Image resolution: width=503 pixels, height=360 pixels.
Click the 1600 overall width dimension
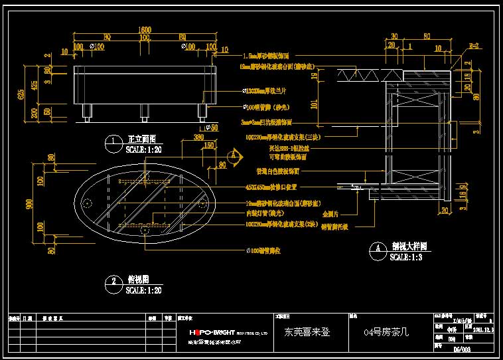click(x=145, y=30)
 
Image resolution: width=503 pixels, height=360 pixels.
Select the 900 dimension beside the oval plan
click(x=29, y=205)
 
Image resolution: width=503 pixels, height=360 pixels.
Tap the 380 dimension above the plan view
click(x=198, y=137)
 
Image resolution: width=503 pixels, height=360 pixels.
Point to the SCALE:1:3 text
click(x=405, y=256)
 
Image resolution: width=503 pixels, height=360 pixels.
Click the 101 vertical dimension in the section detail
click(x=314, y=102)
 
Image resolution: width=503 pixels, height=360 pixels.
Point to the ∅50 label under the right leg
click(x=212, y=127)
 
